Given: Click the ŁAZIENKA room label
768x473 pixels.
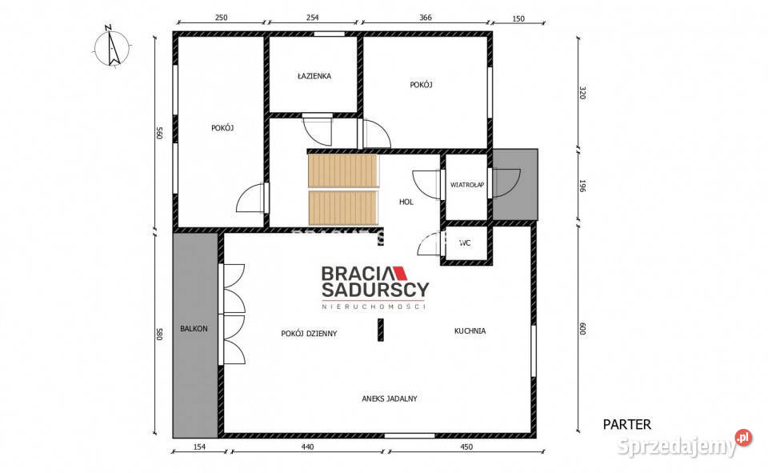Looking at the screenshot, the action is pyautogui.click(x=314, y=76).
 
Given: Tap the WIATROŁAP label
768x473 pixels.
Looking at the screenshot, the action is pyautogui.click(x=467, y=185).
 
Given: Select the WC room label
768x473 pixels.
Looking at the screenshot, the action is pyautogui.click(x=465, y=243).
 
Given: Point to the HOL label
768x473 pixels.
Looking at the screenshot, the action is pyautogui.click(x=406, y=202).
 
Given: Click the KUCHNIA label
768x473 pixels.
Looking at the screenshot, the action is pyautogui.click(x=470, y=331).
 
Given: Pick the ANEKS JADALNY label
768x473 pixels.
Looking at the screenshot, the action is pyautogui.click(x=390, y=399).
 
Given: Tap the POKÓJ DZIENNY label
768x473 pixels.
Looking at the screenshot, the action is pyautogui.click(x=309, y=333).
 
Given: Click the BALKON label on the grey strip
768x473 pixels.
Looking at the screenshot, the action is pyautogui.click(x=194, y=329).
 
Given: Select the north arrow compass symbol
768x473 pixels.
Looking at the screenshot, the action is pyautogui.click(x=113, y=46).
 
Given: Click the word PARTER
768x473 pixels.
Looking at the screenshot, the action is pyautogui.click(x=627, y=424).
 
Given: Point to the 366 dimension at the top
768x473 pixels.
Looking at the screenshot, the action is pyautogui.click(x=426, y=18).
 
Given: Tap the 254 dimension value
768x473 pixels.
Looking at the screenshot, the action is pyautogui.click(x=313, y=18).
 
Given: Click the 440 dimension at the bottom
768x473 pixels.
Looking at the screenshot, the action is pyautogui.click(x=307, y=447).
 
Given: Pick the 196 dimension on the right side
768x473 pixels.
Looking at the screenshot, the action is pyautogui.click(x=582, y=186).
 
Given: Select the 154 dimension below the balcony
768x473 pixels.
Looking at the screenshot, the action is pyautogui.click(x=199, y=447).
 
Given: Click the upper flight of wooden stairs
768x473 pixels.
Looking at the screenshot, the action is pyautogui.click(x=343, y=170).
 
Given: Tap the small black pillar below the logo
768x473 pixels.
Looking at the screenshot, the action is pyautogui.click(x=381, y=330).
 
